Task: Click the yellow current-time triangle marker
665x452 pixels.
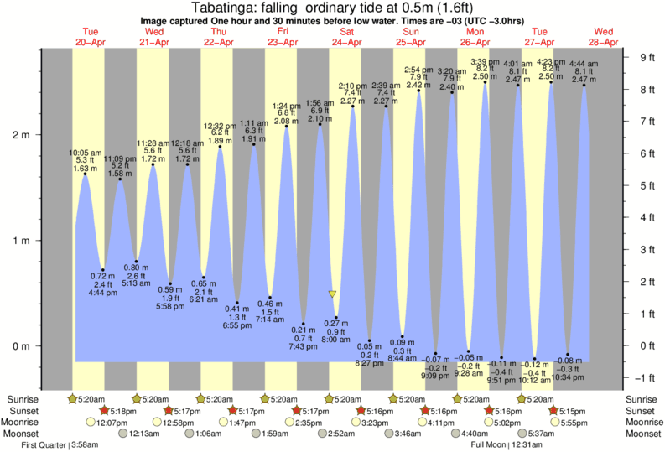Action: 333,294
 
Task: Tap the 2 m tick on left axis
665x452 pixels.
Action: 20,135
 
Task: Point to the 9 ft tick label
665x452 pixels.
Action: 647,58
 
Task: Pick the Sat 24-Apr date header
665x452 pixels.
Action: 346,36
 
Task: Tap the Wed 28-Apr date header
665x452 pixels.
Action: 605,36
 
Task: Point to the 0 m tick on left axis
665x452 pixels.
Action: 20,345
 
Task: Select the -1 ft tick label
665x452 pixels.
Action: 647,377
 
